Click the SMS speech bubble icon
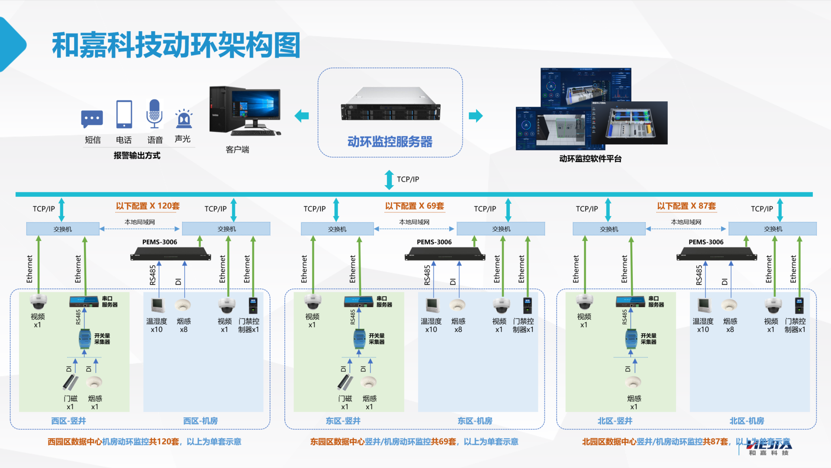pyautogui.click(x=92, y=119)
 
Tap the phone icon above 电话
pyautogui.click(x=124, y=114)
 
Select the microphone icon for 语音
pyautogui.click(x=155, y=113)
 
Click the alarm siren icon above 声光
pyautogui.click(x=184, y=118)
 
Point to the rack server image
pyautogui.click(x=390, y=104)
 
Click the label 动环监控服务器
pyautogui.click(x=390, y=142)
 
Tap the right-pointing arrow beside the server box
pyautogui.click(x=476, y=116)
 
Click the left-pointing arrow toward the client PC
pyautogui.click(x=302, y=116)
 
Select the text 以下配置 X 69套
pyautogui.click(x=415, y=206)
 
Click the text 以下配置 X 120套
pyautogui.click(x=148, y=206)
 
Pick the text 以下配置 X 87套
pyautogui.click(x=686, y=206)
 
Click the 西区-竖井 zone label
pyautogui.click(x=68, y=421)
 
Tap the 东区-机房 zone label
pyautogui.click(x=475, y=421)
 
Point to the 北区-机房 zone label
pyautogui.click(x=747, y=421)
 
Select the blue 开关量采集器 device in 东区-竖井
pyautogui.click(x=359, y=339)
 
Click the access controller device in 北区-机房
pyautogui.click(x=799, y=305)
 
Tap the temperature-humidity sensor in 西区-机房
pyautogui.click(x=157, y=305)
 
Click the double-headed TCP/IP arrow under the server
pyautogui.click(x=389, y=180)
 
